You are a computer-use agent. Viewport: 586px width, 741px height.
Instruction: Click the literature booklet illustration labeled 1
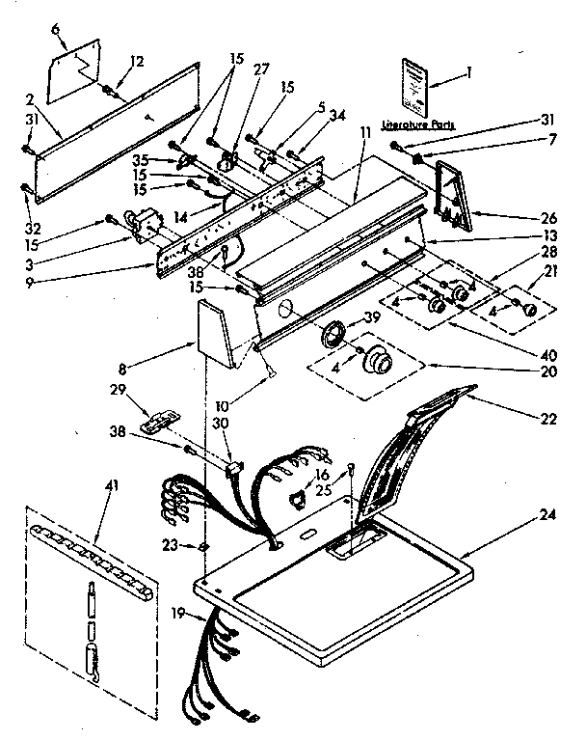pos(414,86)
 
